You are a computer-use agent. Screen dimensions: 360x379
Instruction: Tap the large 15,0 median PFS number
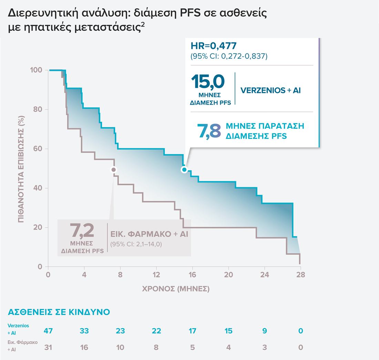click(x=208, y=82)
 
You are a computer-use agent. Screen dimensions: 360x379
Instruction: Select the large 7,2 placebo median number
click(x=82, y=230)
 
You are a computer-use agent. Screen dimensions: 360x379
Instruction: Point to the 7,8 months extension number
click(x=208, y=131)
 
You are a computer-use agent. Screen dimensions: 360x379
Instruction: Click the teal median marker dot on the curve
click(x=184, y=170)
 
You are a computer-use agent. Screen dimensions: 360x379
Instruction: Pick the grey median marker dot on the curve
click(x=113, y=170)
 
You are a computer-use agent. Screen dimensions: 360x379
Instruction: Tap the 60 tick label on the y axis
click(x=38, y=149)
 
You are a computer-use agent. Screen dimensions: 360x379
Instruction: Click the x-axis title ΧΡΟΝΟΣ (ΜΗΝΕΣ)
click(x=176, y=289)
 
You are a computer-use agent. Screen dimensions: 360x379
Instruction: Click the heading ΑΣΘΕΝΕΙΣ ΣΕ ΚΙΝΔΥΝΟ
click(x=59, y=312)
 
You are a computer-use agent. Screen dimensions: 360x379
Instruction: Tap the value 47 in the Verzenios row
click(x=48, y=331)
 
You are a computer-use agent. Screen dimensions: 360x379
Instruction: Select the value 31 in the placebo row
click(x=48, y=347)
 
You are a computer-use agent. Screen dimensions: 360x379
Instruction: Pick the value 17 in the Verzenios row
click(x=192, y=331)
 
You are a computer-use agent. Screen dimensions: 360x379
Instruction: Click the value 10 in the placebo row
click(x=120, y=347)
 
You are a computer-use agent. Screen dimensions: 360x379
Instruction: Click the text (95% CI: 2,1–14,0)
click(x=136, y=245)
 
